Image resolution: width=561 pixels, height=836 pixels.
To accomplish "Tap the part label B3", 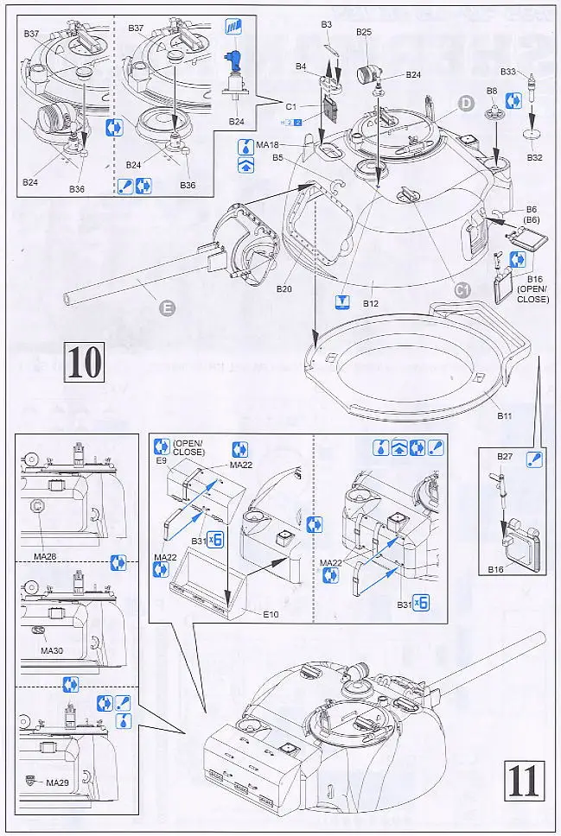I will [x=326, y=25].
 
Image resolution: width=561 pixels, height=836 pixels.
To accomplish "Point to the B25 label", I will [x=364, y=32].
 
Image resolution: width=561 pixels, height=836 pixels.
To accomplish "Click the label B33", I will [x=508, y=72].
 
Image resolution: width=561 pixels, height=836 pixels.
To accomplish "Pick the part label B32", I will [x=534, y=158].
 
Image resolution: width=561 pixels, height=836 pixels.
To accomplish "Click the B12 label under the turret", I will [x=371, y=303].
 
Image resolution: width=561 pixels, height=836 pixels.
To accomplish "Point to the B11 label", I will [x=505, y=416].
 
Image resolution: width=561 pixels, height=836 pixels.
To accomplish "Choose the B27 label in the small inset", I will [x=505, y=456].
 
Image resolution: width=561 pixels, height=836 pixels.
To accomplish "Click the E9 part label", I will [x=160, y=460].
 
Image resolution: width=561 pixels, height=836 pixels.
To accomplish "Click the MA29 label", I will [x=57, y=783].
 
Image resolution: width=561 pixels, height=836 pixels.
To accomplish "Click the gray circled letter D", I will [x=465, y=104].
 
